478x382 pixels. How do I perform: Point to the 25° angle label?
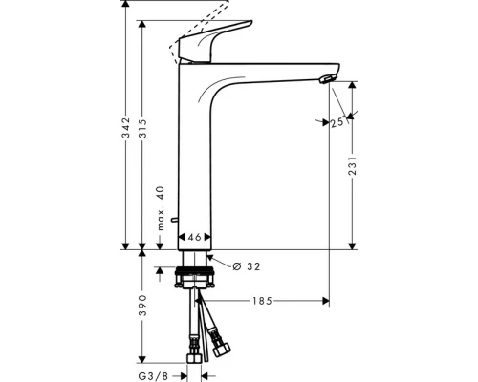(337, 122)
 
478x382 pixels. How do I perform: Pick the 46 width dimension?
(194, 237)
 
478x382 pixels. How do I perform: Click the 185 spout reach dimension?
(262, 301)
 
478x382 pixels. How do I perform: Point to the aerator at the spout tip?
(329, 79)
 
